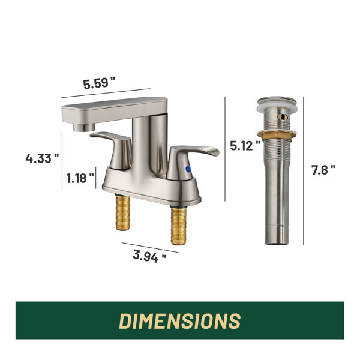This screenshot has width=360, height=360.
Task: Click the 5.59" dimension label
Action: click(99, 83)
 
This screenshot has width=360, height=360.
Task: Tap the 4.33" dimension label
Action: click(42, 158)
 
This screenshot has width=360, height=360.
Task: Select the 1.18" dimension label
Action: click(80, 178)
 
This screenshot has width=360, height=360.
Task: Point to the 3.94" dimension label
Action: click(149, 256)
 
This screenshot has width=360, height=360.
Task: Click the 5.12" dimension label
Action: click(245, 145)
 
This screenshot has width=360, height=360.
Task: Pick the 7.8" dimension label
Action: click(323, 170)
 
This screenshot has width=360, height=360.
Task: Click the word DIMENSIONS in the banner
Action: click(180, 321)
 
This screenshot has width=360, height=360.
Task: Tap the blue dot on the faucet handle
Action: click(188, 169)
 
